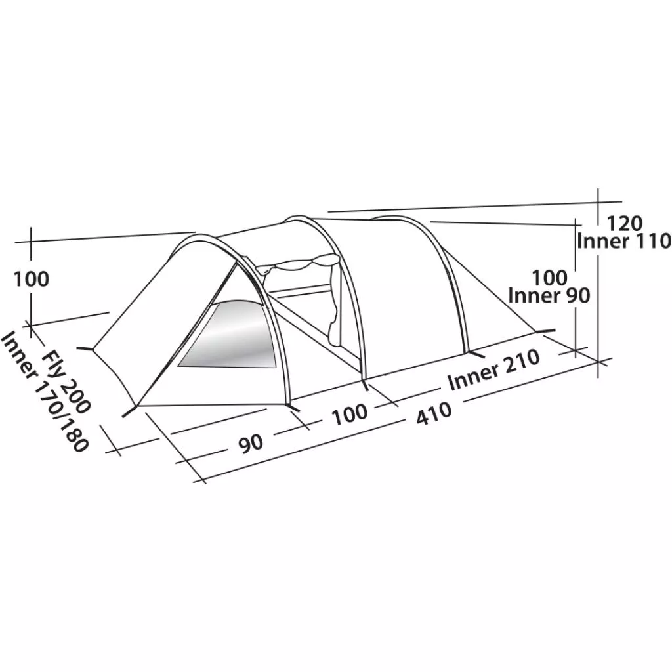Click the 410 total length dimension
click(434, 413)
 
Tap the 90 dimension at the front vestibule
click(251, 443)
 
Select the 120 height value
click(625, 223)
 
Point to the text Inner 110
click(624, 241)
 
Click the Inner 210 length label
click(493, 370)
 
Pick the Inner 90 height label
click(549, 295)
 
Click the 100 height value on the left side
click(31, 279)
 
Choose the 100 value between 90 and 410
click(350, 414)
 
